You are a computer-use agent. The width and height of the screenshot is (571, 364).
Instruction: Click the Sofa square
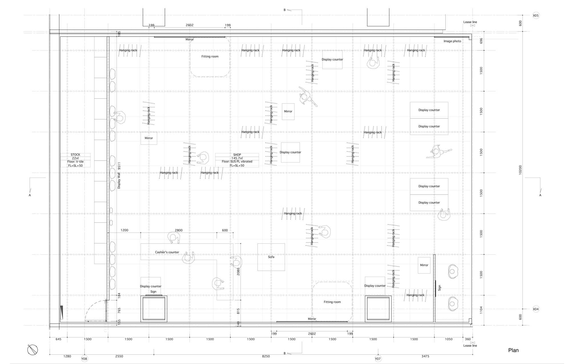pos(271,257)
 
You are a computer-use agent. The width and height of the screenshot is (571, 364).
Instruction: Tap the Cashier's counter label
pos(167,252)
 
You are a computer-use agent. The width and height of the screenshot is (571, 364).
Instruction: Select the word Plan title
pos(513,350)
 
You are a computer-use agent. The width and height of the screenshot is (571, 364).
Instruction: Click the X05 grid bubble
pos(536,16)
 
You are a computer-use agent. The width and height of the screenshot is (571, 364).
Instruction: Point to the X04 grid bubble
pos(536,309)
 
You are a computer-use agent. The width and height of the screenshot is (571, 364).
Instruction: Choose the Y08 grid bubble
pos(84,359)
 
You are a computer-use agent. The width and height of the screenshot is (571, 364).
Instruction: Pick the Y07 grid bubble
pos(378,359)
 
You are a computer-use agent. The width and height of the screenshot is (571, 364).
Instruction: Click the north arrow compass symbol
pos(33,350)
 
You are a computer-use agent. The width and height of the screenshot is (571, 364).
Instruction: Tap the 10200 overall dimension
pos(520,170)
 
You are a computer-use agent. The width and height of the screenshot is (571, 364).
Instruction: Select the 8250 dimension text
pos(266,356)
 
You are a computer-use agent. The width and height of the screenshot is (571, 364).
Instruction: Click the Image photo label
pos(452,41)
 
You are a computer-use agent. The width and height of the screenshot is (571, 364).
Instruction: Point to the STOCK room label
pos(75,155)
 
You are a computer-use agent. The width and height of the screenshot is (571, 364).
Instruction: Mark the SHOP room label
pos(237,155)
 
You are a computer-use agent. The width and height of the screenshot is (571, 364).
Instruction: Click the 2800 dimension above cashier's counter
pos(179,230)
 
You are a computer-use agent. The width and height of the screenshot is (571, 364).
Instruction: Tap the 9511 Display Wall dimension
pos(119,166)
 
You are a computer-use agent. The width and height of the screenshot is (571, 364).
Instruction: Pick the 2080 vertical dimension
pos(238,271)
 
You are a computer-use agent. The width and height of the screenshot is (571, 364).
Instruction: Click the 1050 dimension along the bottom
pos(449,339)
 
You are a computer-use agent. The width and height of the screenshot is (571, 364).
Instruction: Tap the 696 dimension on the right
pos(481,41)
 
